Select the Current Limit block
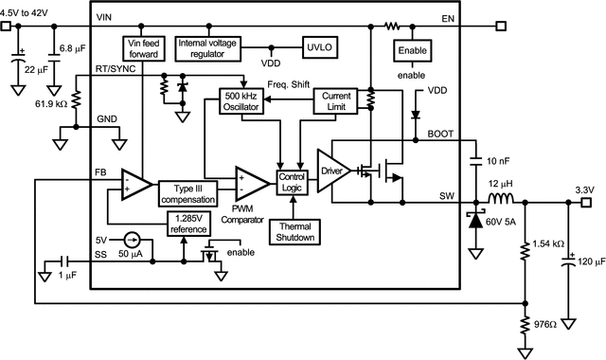[x=337, y=102]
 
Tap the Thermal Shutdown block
[x=294, y=231]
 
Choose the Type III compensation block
[x=195, y=194]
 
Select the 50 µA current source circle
[x=134, y=242]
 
